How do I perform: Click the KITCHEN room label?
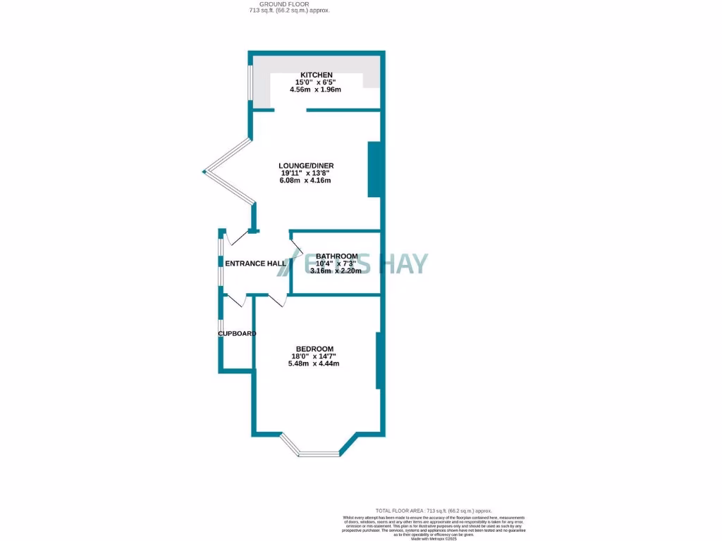317,75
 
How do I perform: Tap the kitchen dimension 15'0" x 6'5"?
317,82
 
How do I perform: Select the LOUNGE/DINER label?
305,166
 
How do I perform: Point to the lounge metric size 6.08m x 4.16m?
305,181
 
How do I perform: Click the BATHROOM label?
336,256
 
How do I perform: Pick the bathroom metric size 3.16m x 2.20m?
336,271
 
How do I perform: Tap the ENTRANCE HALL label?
255,263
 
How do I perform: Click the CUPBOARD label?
236,334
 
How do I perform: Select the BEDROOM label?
314,349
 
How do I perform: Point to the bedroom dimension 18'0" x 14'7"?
314,356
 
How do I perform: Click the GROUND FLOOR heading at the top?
289,4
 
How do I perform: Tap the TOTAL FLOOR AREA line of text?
434,511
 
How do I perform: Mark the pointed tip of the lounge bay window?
204,170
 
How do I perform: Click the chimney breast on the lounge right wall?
374,169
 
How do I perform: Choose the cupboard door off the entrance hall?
235,301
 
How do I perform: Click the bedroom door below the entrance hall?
276,301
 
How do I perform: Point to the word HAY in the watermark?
403,263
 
